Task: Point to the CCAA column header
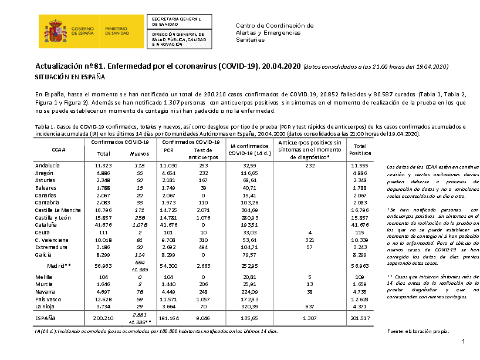coord(59,150)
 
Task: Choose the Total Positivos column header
coord(360,150)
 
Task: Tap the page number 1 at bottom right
coord(463,342)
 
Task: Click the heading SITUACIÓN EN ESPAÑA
coord(70,77)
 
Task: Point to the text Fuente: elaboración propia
coord(413,332)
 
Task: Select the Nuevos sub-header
coord(138,154)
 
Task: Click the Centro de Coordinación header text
coord(274,26)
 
